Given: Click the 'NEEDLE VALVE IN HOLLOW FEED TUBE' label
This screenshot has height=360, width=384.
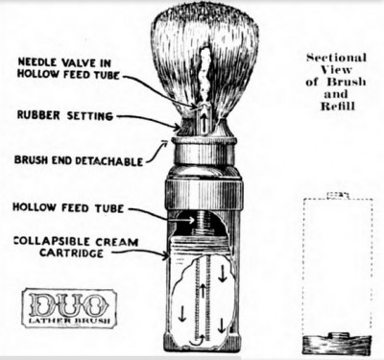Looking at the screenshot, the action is click(68, 68).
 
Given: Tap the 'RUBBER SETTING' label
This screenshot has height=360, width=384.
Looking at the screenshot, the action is click(65, 115).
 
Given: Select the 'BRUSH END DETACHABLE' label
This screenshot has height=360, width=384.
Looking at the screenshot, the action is click(79, 160).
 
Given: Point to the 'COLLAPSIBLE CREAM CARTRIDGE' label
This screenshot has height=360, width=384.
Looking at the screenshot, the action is click(76, 247).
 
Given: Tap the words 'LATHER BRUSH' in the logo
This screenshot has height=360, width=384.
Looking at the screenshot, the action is click(69, 321).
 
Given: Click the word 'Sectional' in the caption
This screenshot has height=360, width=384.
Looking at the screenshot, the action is click(336, 58).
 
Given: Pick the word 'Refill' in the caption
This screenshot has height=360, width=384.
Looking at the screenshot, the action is click(338, 107).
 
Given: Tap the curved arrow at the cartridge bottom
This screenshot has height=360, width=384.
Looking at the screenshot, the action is click(198, 340).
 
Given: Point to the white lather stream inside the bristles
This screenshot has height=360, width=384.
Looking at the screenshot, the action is click(203, 77).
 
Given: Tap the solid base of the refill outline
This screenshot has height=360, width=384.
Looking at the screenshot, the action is click(337, 344).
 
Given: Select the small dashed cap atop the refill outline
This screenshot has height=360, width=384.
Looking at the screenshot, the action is click(338, 195).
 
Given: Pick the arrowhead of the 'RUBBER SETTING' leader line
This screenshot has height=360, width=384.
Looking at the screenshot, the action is click(177, 128).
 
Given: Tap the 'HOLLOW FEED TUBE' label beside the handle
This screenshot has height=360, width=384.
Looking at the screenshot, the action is click(68, 207).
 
